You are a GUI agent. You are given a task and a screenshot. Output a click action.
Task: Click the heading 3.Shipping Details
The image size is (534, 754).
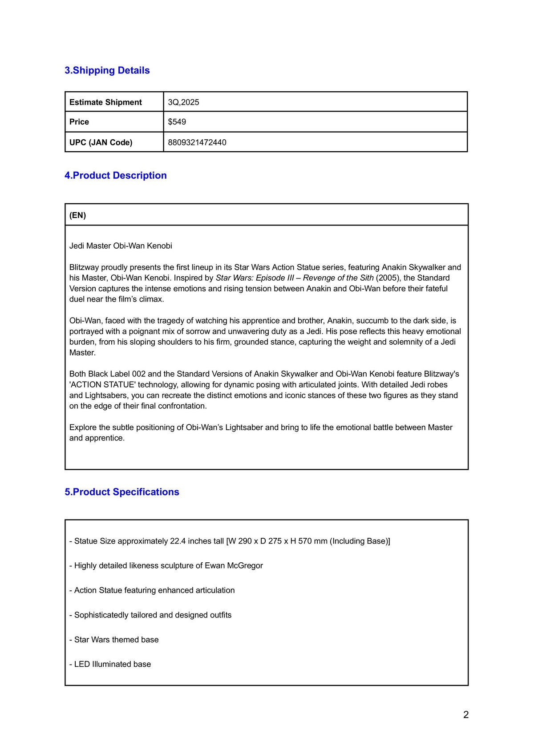coord(107,70)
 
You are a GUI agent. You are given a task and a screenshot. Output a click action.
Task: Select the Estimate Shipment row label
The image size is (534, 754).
coord(105,102)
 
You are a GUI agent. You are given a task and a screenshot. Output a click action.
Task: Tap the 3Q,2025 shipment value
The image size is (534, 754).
coord(183,102)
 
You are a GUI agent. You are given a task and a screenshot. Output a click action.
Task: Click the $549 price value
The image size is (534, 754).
coord(177,122)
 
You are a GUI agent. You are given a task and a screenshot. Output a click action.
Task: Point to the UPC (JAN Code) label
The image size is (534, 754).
coord(101,142)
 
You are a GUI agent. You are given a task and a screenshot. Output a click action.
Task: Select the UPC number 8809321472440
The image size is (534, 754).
coord(197,142)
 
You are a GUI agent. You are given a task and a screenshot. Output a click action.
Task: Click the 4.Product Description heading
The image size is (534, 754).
coord(116,175)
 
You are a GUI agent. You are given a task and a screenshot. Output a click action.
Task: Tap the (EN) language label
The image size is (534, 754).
coord(77,215)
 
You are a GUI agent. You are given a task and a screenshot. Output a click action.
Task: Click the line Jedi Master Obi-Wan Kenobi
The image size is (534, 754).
coord(121,246)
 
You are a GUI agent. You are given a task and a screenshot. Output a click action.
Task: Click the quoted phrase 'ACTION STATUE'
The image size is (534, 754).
coord(102,385)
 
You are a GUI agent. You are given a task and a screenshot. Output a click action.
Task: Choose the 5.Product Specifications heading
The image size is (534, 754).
coord(122,492)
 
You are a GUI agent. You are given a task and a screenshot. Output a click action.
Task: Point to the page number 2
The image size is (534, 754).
coord(466,715)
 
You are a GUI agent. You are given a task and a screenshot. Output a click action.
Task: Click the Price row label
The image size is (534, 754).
coord(79,122)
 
